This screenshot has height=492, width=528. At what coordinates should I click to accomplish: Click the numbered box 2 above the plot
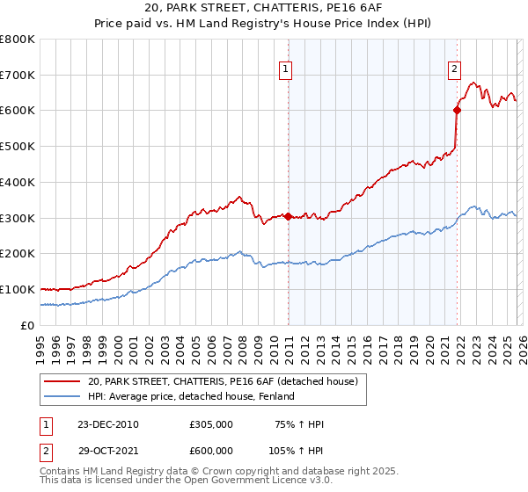click(454, 69)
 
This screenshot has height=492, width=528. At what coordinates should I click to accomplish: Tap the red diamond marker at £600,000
click(458, 110)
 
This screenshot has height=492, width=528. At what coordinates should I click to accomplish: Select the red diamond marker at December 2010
click(288, 216)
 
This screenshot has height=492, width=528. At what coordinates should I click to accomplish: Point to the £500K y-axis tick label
click(18, 146)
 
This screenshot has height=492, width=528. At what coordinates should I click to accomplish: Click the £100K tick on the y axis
click(18, 289)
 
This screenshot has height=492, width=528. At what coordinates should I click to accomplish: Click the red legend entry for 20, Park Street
click(222, 382)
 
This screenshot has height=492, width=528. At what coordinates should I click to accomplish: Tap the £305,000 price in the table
click(210, 425)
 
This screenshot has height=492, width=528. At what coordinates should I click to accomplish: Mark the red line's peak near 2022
click(473, 83)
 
